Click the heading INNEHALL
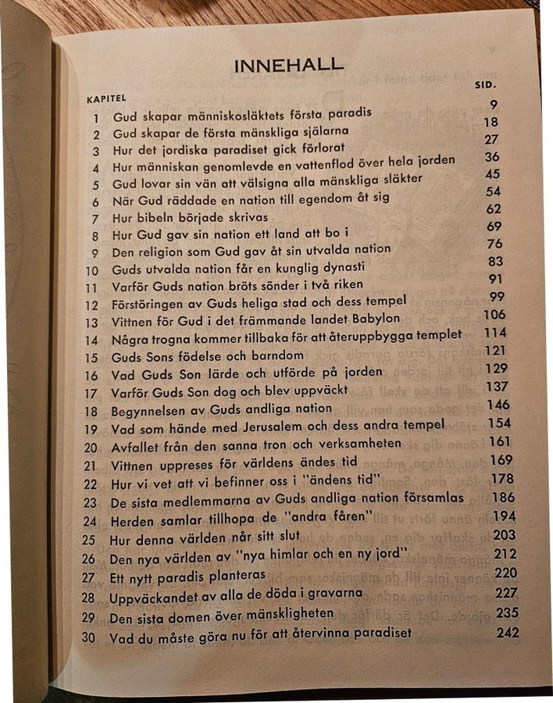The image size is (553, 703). [299, 67]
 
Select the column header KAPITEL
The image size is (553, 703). [105, 99]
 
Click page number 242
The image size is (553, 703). [507, 632]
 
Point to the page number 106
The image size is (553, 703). [495, 315]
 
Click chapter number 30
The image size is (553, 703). [89, 637]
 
